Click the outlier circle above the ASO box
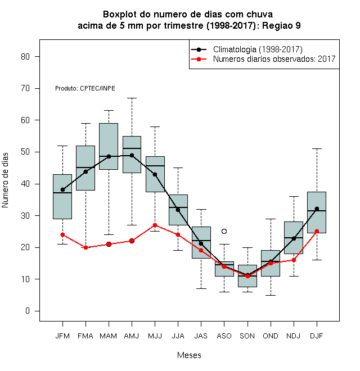[x=224, y=231]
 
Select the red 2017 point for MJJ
[x=155, y=225]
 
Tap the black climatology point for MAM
[x=109, y=156]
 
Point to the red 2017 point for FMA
[x=85, y=247]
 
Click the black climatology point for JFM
[x=62, y=189]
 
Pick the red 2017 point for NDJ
[x=294, y=260]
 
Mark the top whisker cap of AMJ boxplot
[x=132, y=98]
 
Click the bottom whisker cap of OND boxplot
[x=271, y=295]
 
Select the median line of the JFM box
[x=62, y=193]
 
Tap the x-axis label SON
[x=247, y=336]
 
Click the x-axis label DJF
[x=317, y=336]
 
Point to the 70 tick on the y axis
[x=37, y=88]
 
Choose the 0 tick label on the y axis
[x=28, y=311]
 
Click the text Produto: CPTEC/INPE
[x=85, y=88]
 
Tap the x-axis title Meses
[x=189, y=355]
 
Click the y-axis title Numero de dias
[x=5, y=180]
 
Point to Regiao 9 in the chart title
[x=281, y=25]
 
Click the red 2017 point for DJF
[x=317, y=231]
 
